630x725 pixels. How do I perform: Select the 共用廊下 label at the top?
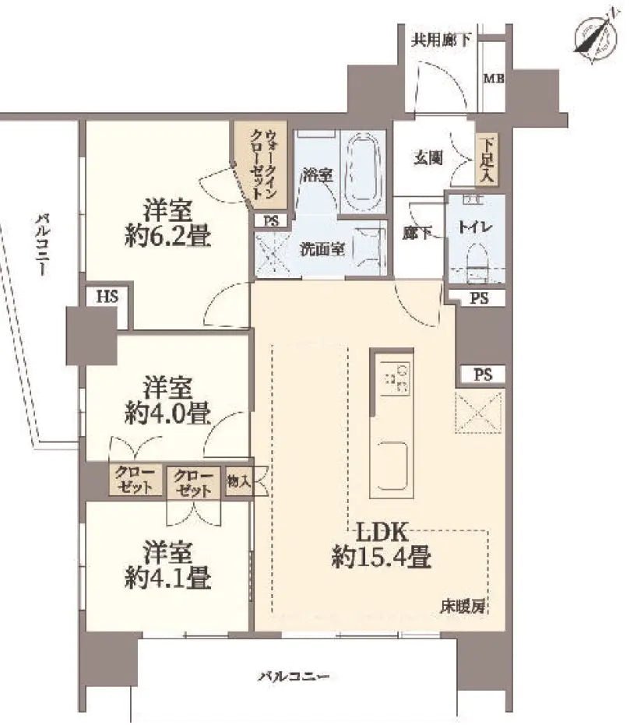(441, 39)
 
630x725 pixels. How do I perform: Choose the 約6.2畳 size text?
(167, 236)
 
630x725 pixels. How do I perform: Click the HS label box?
(107, 297)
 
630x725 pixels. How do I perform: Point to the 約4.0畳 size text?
(167, 414)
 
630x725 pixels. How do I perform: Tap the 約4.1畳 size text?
(167, 578)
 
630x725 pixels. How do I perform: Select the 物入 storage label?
(238, 481)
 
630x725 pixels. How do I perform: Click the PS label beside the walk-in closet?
(269, 220)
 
